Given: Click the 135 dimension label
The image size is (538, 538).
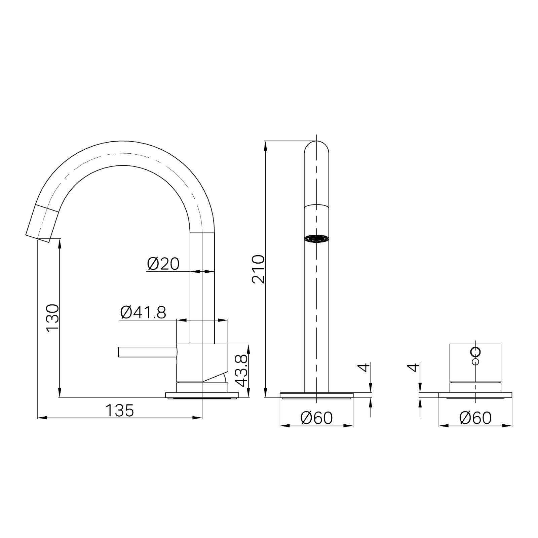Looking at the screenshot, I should pyautogui.click(x=120, y=411).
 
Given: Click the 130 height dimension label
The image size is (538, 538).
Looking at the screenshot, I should pyautogui.click(x=53, y=318).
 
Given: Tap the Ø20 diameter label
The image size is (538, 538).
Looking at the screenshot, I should pyautogui.click(x=163, y=264).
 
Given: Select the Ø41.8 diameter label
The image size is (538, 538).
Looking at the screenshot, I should pyautogui.click(x=143, y=312).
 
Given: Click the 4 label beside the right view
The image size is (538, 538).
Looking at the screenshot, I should pyautogui.click(x=414, y=368).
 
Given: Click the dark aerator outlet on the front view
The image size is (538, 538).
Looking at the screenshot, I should pyautogui.click(x=316, y=238).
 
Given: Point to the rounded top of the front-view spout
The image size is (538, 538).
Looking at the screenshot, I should pyautogui.click(x=316, y=147).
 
